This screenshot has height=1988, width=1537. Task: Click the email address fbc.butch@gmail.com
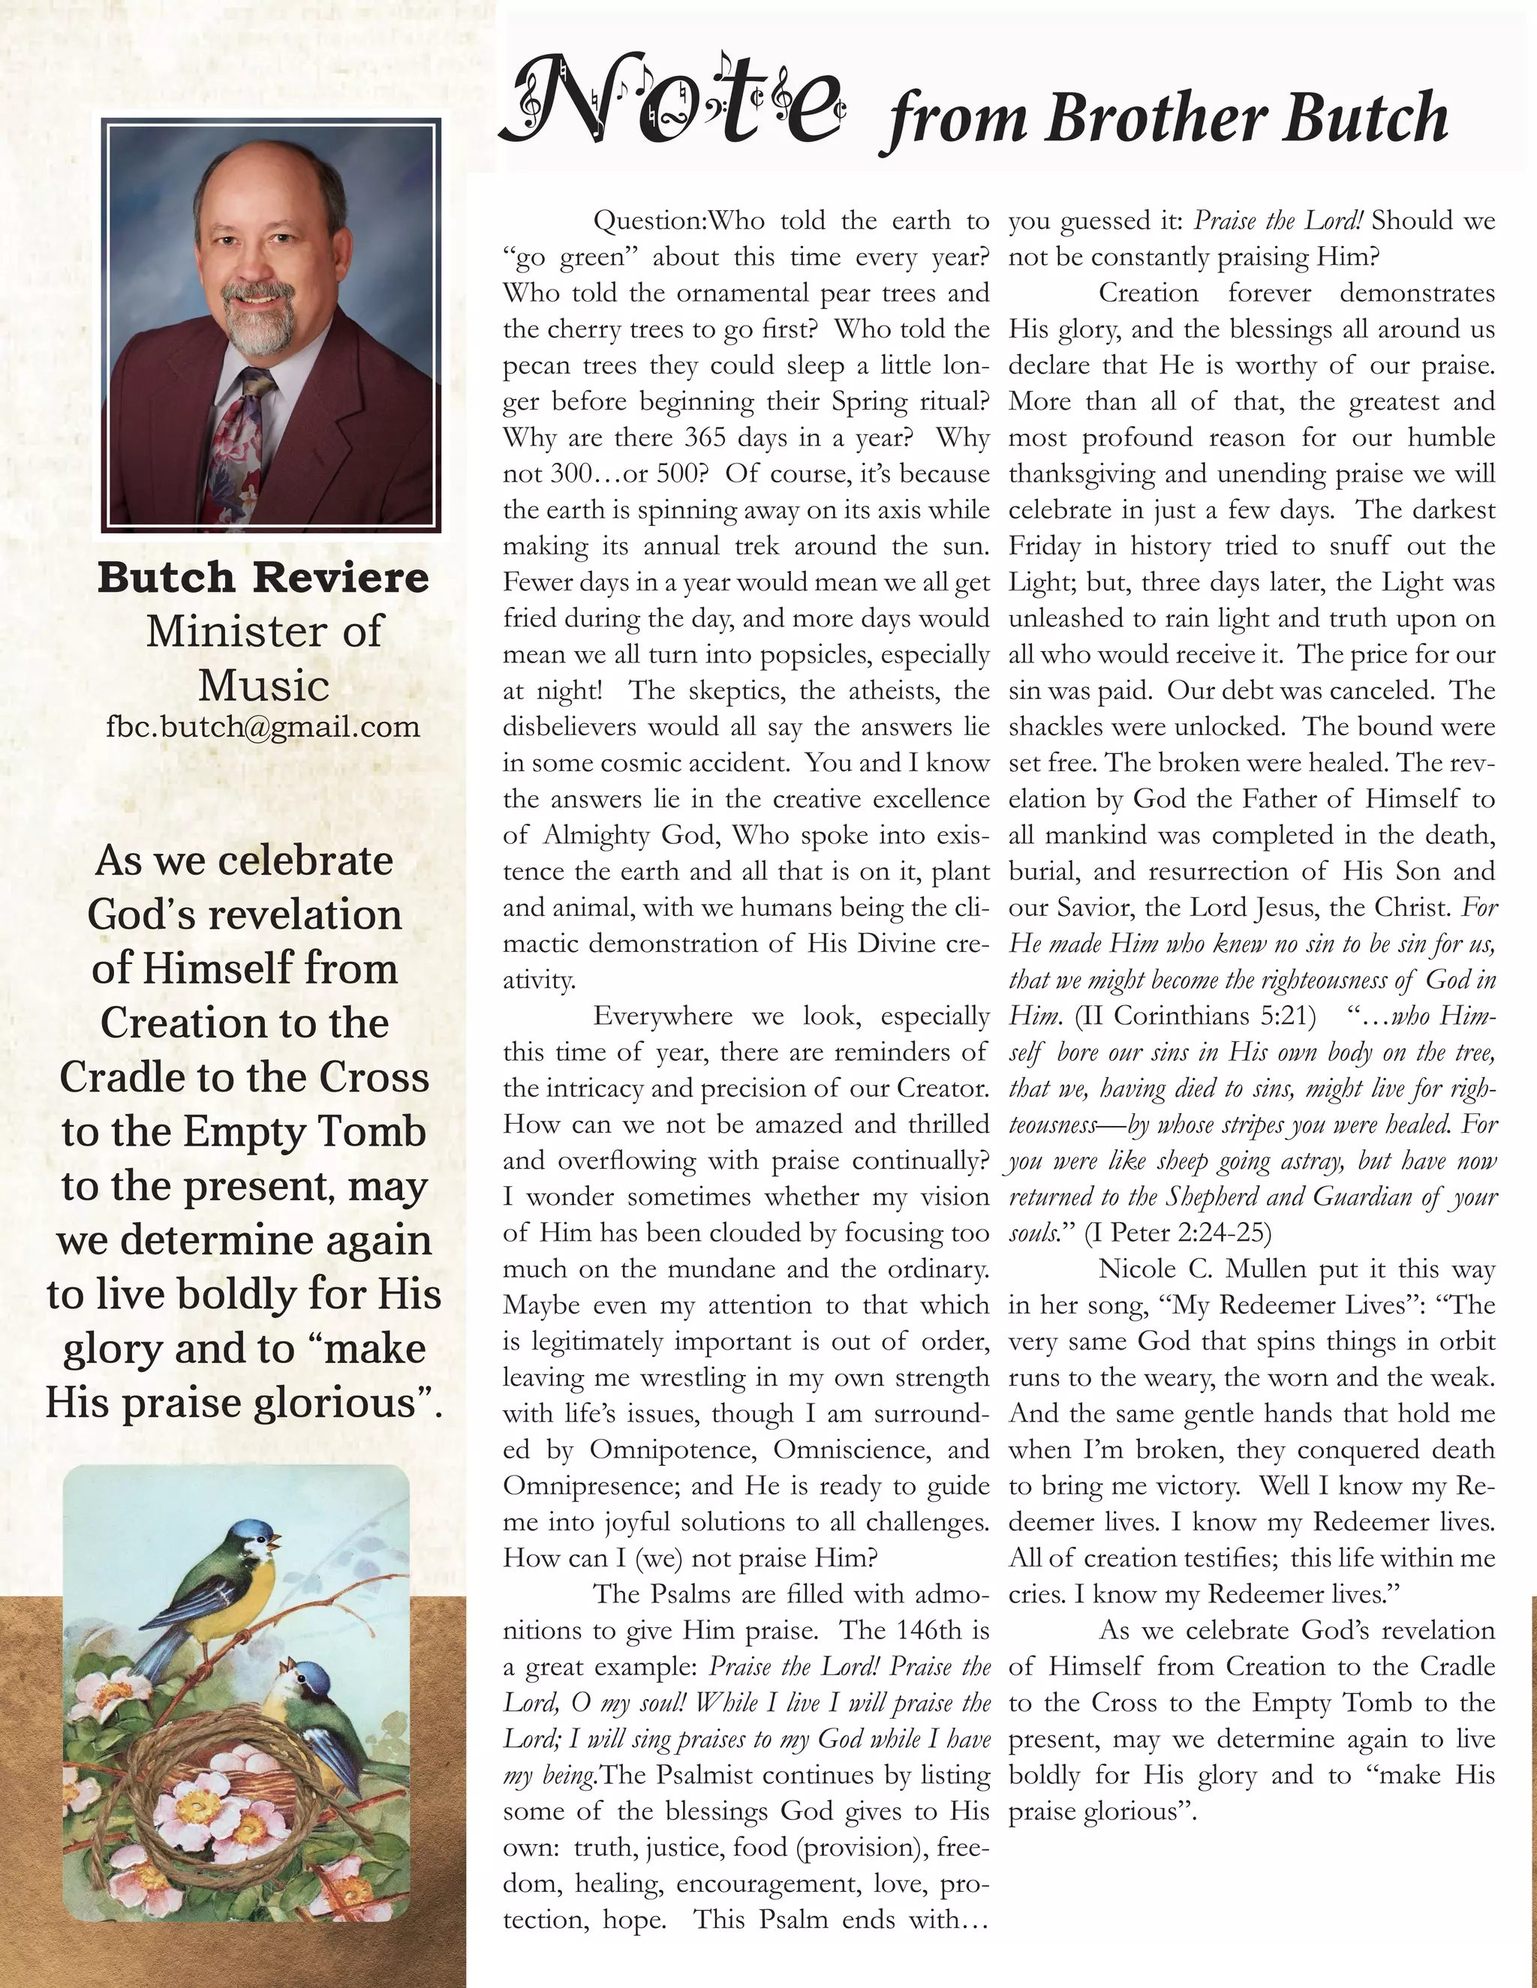pos(263,726)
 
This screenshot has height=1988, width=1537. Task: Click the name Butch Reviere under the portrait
pos(263,577)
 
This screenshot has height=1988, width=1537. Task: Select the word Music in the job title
pos(263,686)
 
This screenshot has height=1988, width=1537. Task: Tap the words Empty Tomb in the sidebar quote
pos(304,1131)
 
